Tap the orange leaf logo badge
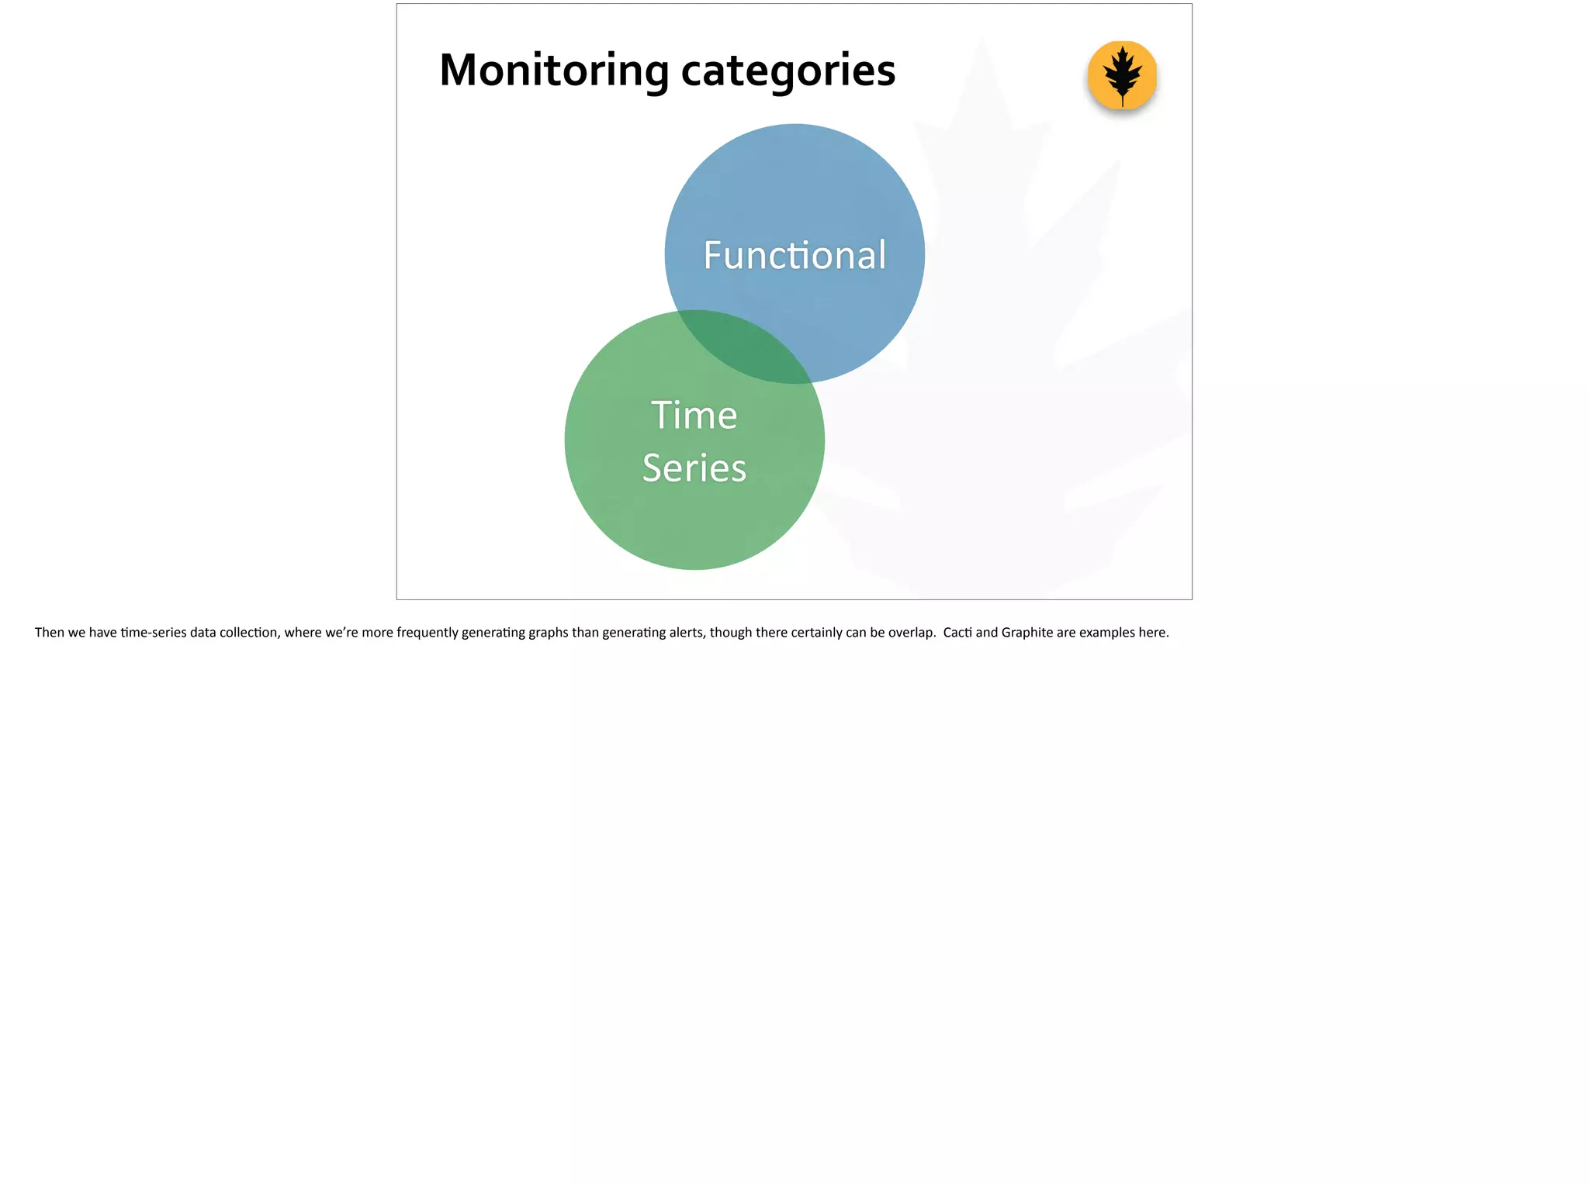coord(1122,75)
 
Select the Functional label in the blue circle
coord(794,255)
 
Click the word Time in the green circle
coord(694,415)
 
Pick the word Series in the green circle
coord(694,468)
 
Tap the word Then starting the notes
coord(49,633)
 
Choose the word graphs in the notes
coord(548,633)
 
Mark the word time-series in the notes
coord(154,633)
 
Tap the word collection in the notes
coord(248,633)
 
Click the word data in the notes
coord(203,633)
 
